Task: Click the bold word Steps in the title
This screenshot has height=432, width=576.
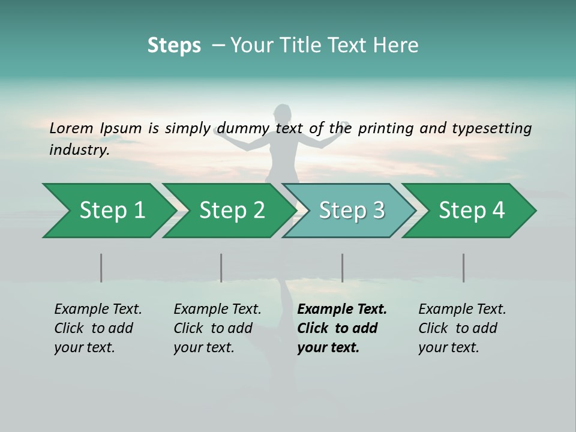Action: point(174,46)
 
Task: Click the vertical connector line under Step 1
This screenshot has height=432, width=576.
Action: point(101,268)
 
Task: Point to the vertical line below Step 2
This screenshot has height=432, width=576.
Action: point(221,268)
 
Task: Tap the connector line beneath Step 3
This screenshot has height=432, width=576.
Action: point(342,268)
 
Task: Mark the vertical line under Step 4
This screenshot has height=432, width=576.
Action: point(463,268)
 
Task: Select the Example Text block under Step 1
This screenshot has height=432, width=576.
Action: point(97,328)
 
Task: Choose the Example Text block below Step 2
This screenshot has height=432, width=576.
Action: point(217,328)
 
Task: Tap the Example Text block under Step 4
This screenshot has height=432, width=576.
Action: point(461,328)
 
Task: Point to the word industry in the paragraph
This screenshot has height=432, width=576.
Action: point(79,149)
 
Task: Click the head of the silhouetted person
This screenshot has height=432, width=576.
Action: point(282,113)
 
